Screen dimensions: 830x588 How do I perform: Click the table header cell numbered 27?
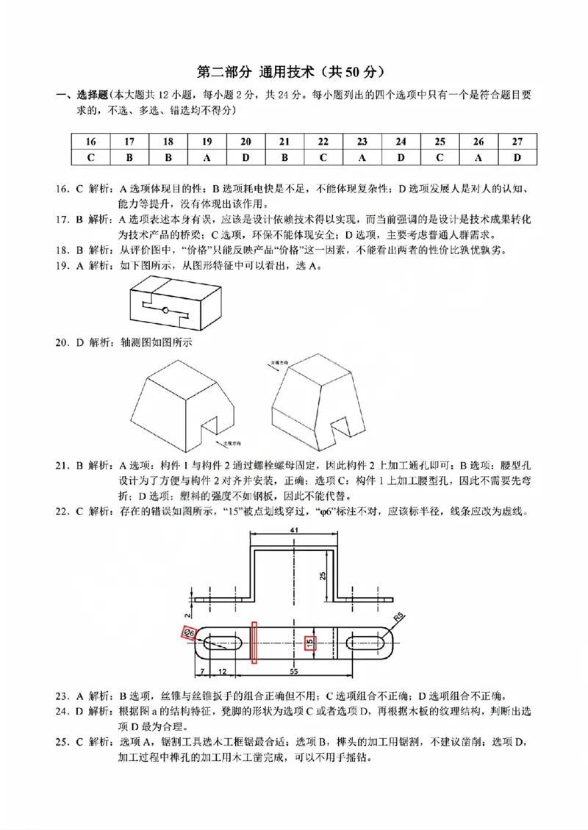[x=517, y=142]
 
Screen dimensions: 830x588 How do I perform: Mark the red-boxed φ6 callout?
[x=189, y=632]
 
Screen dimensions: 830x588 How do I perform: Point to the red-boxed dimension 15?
[x=310, y=641]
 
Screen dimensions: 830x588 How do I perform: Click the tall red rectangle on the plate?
[x=254, y=642]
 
